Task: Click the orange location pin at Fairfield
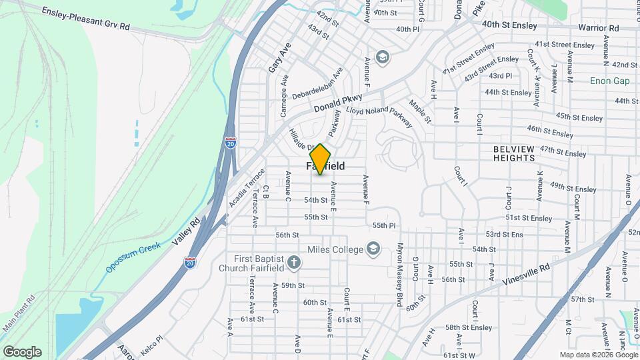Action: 321,159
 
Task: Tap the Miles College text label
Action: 335,249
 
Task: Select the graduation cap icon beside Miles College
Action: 373,249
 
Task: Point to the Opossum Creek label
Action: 133,257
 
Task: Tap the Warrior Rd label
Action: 598,28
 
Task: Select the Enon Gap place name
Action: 609,81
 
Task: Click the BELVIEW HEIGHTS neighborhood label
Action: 523,153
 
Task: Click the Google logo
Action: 22,352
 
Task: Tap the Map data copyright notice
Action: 598,355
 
